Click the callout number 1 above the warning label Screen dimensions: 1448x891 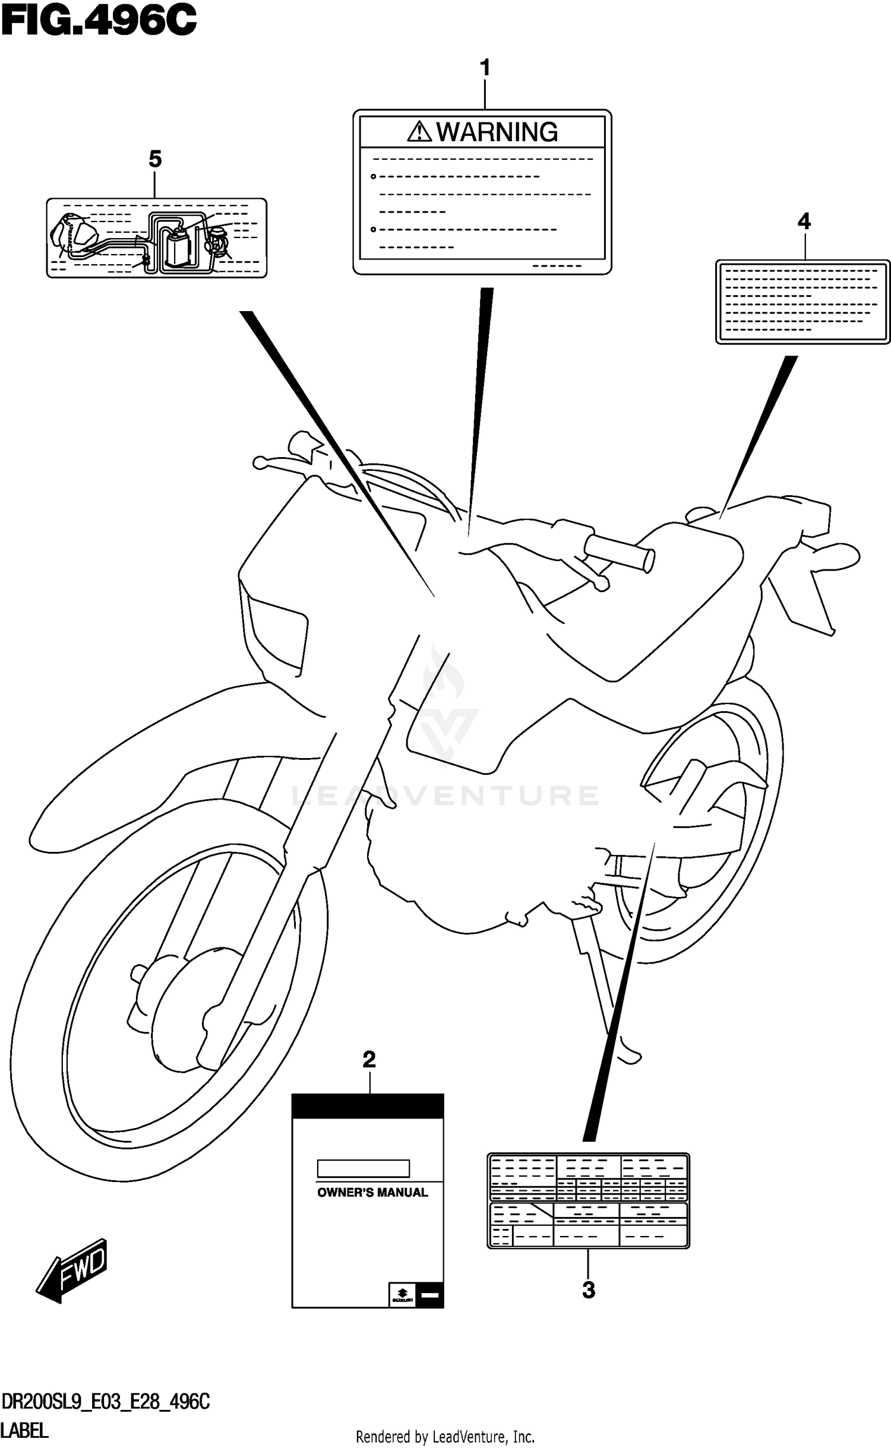click(485, 68)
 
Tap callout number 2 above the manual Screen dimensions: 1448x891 click(369, 1059)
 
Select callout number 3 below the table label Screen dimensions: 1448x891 click(588, 1289)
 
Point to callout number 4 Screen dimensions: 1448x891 click(804, 221)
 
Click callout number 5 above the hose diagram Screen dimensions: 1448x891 click(154, 159)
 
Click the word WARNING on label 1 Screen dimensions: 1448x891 click(497, 132)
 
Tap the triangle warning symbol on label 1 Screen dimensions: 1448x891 click(419, 131)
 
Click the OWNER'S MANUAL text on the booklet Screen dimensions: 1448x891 click(372, 1192)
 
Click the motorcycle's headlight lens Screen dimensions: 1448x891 click(278, 633)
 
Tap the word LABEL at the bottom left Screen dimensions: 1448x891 click(24, 1431)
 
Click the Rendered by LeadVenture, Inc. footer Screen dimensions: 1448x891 click(445, 1437)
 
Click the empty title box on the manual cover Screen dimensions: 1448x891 click(363, 1168)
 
